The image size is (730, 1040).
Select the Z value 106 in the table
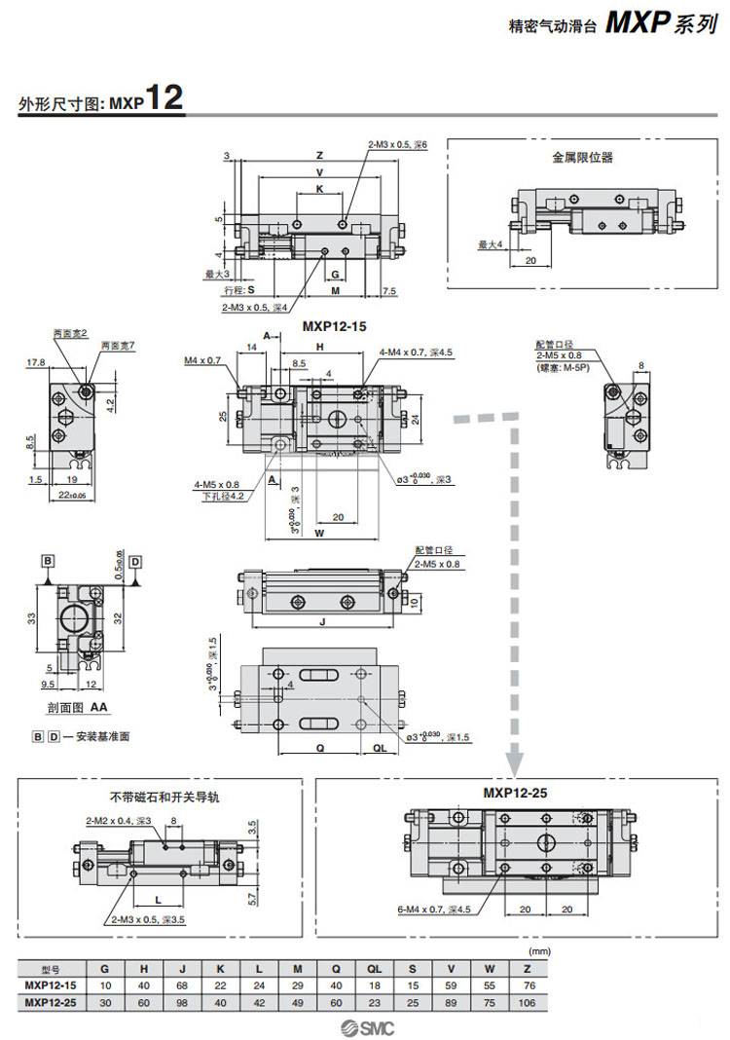click(527, 1001)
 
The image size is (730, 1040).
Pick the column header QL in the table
click(375, 969)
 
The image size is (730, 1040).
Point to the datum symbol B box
click(46, 561)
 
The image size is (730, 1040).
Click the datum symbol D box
click(135, 561)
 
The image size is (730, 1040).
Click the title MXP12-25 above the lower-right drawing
click(515, 793)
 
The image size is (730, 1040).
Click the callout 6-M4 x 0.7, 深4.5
click(433, 910)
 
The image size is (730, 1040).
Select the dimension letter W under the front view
click(319, 533)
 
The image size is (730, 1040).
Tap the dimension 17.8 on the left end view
click(37, 363)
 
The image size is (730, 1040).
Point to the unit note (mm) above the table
click(538, 949)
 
